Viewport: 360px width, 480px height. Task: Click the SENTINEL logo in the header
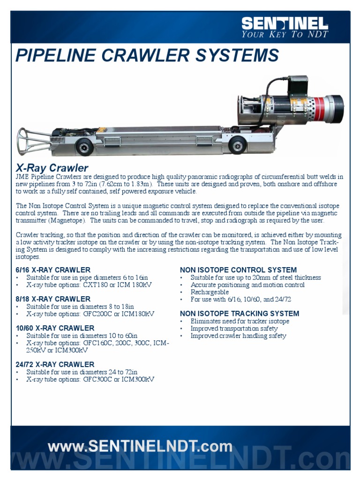[285, 23]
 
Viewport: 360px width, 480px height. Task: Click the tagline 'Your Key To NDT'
[285, 34]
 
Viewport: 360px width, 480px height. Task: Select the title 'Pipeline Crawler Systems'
[147, 56]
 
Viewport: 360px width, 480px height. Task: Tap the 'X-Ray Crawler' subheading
[52, 167]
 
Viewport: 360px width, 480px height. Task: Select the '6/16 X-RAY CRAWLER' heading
[53, 270]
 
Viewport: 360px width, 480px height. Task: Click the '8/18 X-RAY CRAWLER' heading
[53, 299]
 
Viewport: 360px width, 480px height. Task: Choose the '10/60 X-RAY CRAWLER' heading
[55, 328]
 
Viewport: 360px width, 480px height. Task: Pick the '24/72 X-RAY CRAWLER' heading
[55, 364]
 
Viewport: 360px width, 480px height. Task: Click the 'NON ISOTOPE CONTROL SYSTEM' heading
[238, 270]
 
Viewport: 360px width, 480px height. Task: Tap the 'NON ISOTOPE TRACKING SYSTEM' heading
[240, 314]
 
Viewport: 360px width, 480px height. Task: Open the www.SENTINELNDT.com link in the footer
[140, 446]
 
